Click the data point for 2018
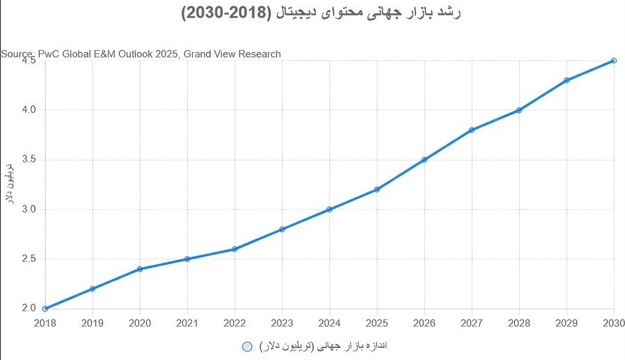coord(45,308)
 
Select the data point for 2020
coord(140,269)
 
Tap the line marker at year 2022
coord(235,249)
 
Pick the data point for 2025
coord(377,189)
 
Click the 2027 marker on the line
coord(472,130)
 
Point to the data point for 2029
coord(567,80)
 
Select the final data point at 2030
coord(614,61)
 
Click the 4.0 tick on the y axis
coord(27,110)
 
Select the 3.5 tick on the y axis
coord(27,159)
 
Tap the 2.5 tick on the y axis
coord(27,259)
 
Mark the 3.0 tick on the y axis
coord(27,210)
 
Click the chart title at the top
coord(312,14)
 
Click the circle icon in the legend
coord(246,347)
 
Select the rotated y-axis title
coord(10,184)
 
